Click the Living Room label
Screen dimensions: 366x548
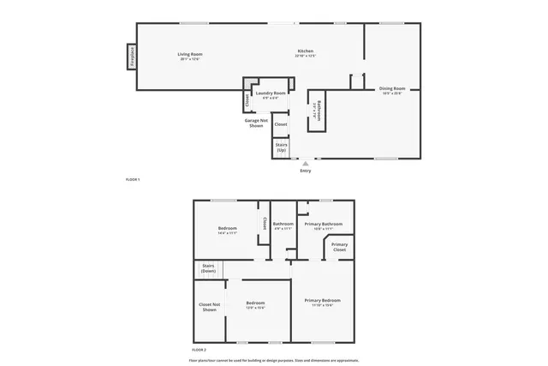coord(190,54)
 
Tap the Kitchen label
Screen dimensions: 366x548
coord(306,51)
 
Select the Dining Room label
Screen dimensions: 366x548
coord(392,88)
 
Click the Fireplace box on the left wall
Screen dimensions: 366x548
coord(133,57)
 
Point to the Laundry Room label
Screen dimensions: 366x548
coord(271,93)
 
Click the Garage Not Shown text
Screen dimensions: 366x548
coord(254,123)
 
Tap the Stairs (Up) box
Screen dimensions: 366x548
coord(281,147)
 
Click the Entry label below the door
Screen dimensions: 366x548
coord(306,171)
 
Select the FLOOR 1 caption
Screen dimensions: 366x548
coord(133,179)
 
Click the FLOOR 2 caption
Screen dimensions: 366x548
coord(199,351)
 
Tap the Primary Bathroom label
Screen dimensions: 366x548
coord(323,224)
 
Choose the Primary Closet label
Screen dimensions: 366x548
coord(339,247)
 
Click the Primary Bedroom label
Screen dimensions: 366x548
coord(323,300)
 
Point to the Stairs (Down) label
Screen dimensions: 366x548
coord(208,268)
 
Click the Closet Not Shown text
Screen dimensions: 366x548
coord(210,307)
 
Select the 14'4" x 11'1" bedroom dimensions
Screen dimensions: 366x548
coord(227,233)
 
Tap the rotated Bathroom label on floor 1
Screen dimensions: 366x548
coord(315,111)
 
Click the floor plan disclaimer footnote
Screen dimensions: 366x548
coord(274,360)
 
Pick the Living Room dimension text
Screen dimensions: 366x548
coord(190,59)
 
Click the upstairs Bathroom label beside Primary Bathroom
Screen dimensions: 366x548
coord(283,224)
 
